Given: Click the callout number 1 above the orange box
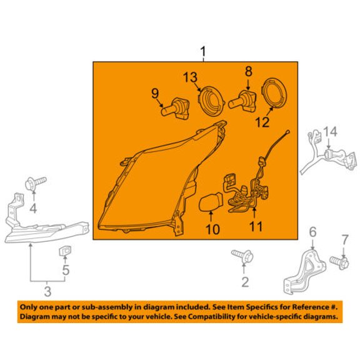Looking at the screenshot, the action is tap(203, 52).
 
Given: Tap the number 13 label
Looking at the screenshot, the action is tap(191, 77).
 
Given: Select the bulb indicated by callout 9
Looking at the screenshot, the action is tap(175, 108).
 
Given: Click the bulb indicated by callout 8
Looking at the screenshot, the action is tap(243, 101).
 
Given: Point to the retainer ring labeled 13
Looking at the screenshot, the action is tap(210, 101).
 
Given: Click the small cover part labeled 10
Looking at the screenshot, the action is tap(211, 202).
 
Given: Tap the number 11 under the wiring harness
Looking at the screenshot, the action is tap(256, 226).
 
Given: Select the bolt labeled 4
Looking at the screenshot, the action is tap(36, 183).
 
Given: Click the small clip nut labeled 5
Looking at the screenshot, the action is tap(65, 251).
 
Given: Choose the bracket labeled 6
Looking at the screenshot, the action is tap(304, 272).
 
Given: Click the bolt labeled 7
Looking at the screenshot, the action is tap(339, 263).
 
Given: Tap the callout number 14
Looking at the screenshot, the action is tap(331, 132).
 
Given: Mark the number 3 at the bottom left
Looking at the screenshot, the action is tap(47, 291).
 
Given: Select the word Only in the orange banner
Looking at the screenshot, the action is tap(27, 307).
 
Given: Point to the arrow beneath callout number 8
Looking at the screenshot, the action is tap(248, 84).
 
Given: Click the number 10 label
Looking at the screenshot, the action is tap(212, 229).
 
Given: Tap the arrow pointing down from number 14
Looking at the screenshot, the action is tap(329, 144).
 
